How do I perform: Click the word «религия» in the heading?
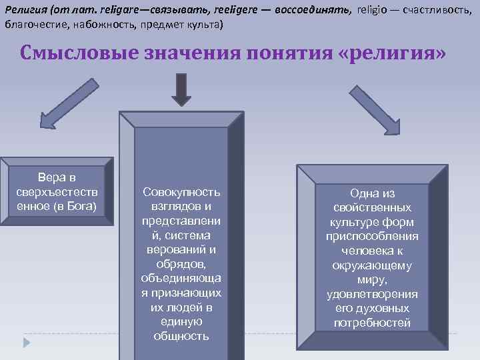[393, 53]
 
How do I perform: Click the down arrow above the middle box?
[181, 89]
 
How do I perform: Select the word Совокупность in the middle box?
[181, 192]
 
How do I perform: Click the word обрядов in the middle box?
[181, 264]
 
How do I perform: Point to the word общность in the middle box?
[181, 336]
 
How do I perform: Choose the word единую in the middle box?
[181, 321]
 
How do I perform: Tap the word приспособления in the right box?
[372, 237]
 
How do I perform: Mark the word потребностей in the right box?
[372, 323]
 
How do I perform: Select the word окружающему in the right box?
[372, 265]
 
